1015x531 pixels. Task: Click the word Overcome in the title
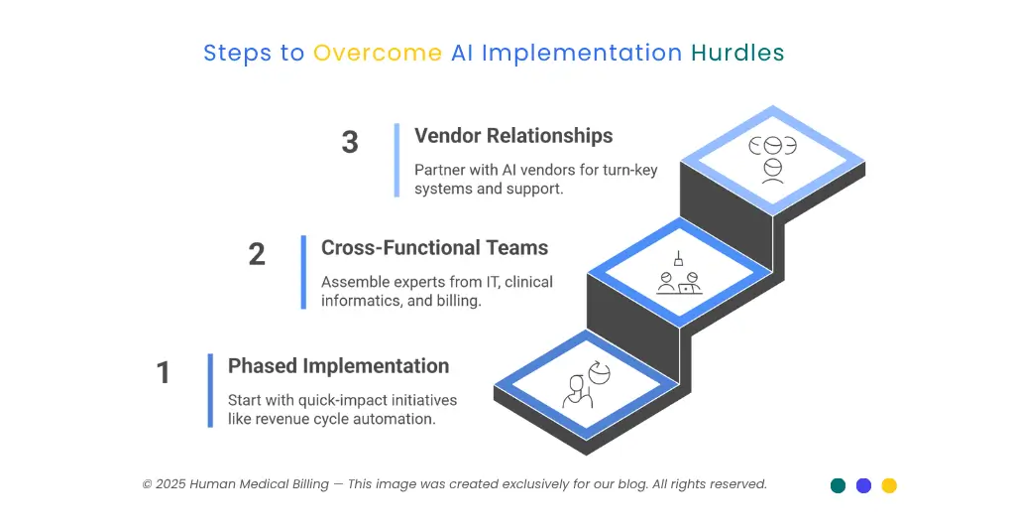click(x=378, y=53)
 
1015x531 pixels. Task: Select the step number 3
click(x=350, y=142)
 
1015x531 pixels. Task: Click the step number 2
click(x=257, y=254)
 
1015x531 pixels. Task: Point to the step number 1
click(x=164, y=372)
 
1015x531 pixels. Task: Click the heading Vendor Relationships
click(x=513, y=136)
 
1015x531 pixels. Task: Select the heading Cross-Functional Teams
click(x=434, y=247)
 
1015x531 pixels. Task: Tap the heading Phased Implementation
click(x=338, y=366)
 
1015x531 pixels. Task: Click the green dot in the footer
click(x=838, y=485)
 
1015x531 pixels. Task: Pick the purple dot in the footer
click(x=863, y=485)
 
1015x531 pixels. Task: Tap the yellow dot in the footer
click(x=889, y=485)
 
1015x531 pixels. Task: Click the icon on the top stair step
click(x=772, y=159)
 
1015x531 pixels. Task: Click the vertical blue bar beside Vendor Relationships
click(x=396, y=160)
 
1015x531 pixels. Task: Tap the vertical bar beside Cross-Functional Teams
click(x=303, y=272)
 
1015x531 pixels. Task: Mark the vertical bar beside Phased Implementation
click(x=210, y=390)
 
